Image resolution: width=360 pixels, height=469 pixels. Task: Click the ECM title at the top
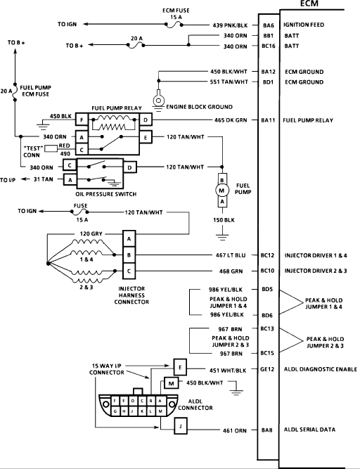coord(309,4)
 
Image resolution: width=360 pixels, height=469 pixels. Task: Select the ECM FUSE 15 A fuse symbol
coord(174,25)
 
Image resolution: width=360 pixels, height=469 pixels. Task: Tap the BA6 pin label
coord(269,26)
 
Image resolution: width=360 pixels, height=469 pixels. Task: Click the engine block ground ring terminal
coord(158,100)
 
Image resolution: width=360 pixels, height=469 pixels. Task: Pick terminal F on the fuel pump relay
coord(82,120)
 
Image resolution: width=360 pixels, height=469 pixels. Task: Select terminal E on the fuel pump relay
coord(146,138)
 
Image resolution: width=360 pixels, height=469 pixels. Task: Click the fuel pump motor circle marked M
coord(222,191)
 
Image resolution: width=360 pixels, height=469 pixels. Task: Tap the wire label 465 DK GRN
coord(231,120)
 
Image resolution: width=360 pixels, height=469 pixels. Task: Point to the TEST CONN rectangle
coord(51,148)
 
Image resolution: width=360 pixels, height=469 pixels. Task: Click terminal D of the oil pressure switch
coord(129,167)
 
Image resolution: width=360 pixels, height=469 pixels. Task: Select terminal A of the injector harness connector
coord(129,238)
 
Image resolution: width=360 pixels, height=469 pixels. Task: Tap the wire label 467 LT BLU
coord(231,255)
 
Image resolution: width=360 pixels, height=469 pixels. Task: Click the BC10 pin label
coord(267,271)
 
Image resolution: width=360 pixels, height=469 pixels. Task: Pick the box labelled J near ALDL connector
coord(181,426)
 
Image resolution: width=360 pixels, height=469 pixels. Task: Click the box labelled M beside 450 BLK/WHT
coord(171,383)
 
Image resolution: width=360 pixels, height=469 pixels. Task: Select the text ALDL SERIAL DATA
coord(309,430)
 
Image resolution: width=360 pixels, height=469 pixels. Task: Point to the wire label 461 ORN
coord(235,431)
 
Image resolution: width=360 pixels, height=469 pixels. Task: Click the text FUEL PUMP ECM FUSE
coord(36,91)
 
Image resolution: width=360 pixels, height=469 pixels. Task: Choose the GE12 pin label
coord(267,369)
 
